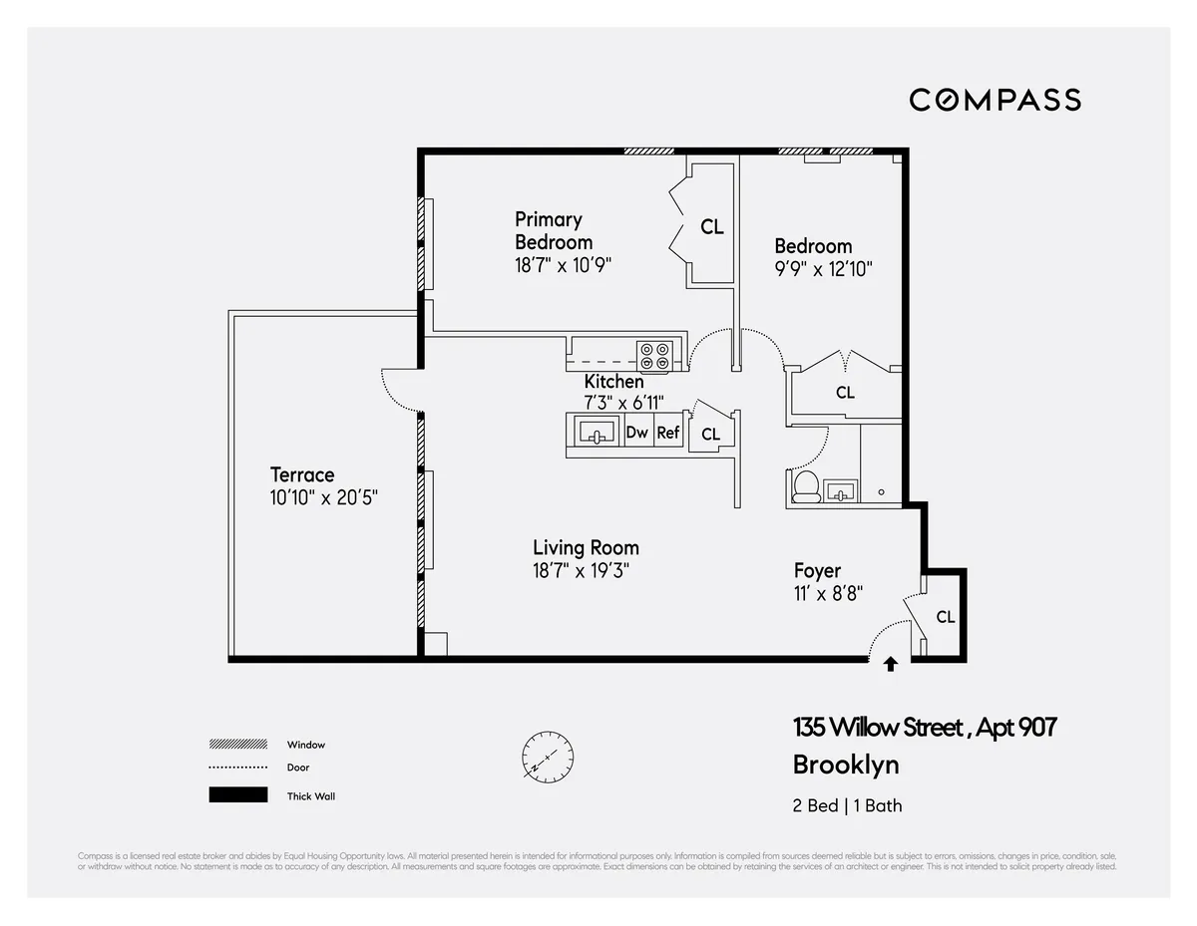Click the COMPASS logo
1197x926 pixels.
995,100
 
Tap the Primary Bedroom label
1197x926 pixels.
553,230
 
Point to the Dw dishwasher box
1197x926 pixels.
637,433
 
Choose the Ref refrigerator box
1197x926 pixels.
668,433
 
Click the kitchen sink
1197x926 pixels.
598,434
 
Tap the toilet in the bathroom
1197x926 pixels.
806,487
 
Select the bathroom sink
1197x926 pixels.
840,490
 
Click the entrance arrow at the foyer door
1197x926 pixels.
891,662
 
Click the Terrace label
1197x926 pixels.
302,474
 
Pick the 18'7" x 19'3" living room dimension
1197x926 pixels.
582,570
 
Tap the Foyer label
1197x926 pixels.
817,571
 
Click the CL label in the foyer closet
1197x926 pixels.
945,617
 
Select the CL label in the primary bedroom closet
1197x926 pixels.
711,227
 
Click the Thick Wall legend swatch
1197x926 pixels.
238,795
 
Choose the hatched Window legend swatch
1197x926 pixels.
238,744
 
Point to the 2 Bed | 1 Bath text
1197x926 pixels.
847,805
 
